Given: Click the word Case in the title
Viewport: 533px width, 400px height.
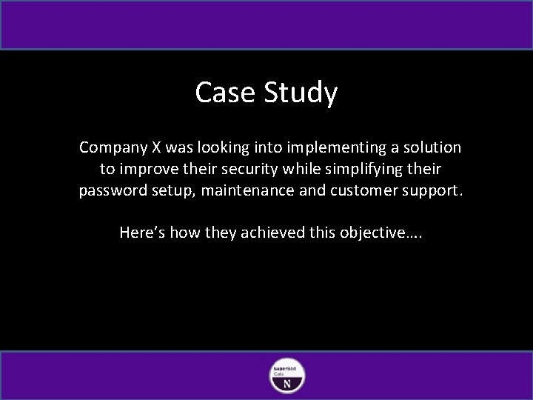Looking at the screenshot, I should [x=221, y=93].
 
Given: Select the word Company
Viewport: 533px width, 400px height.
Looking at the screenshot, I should [x=112, y=148].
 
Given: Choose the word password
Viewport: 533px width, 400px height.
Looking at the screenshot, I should [x=111, y=190].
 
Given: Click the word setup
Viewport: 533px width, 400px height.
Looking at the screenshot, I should [x=172, y=190].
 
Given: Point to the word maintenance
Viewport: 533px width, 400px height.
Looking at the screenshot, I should [x=252, y=190].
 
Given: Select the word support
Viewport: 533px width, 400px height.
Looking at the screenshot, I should [x=435, y=190].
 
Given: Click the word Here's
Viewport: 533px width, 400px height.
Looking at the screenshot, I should [x=143, y=233].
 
